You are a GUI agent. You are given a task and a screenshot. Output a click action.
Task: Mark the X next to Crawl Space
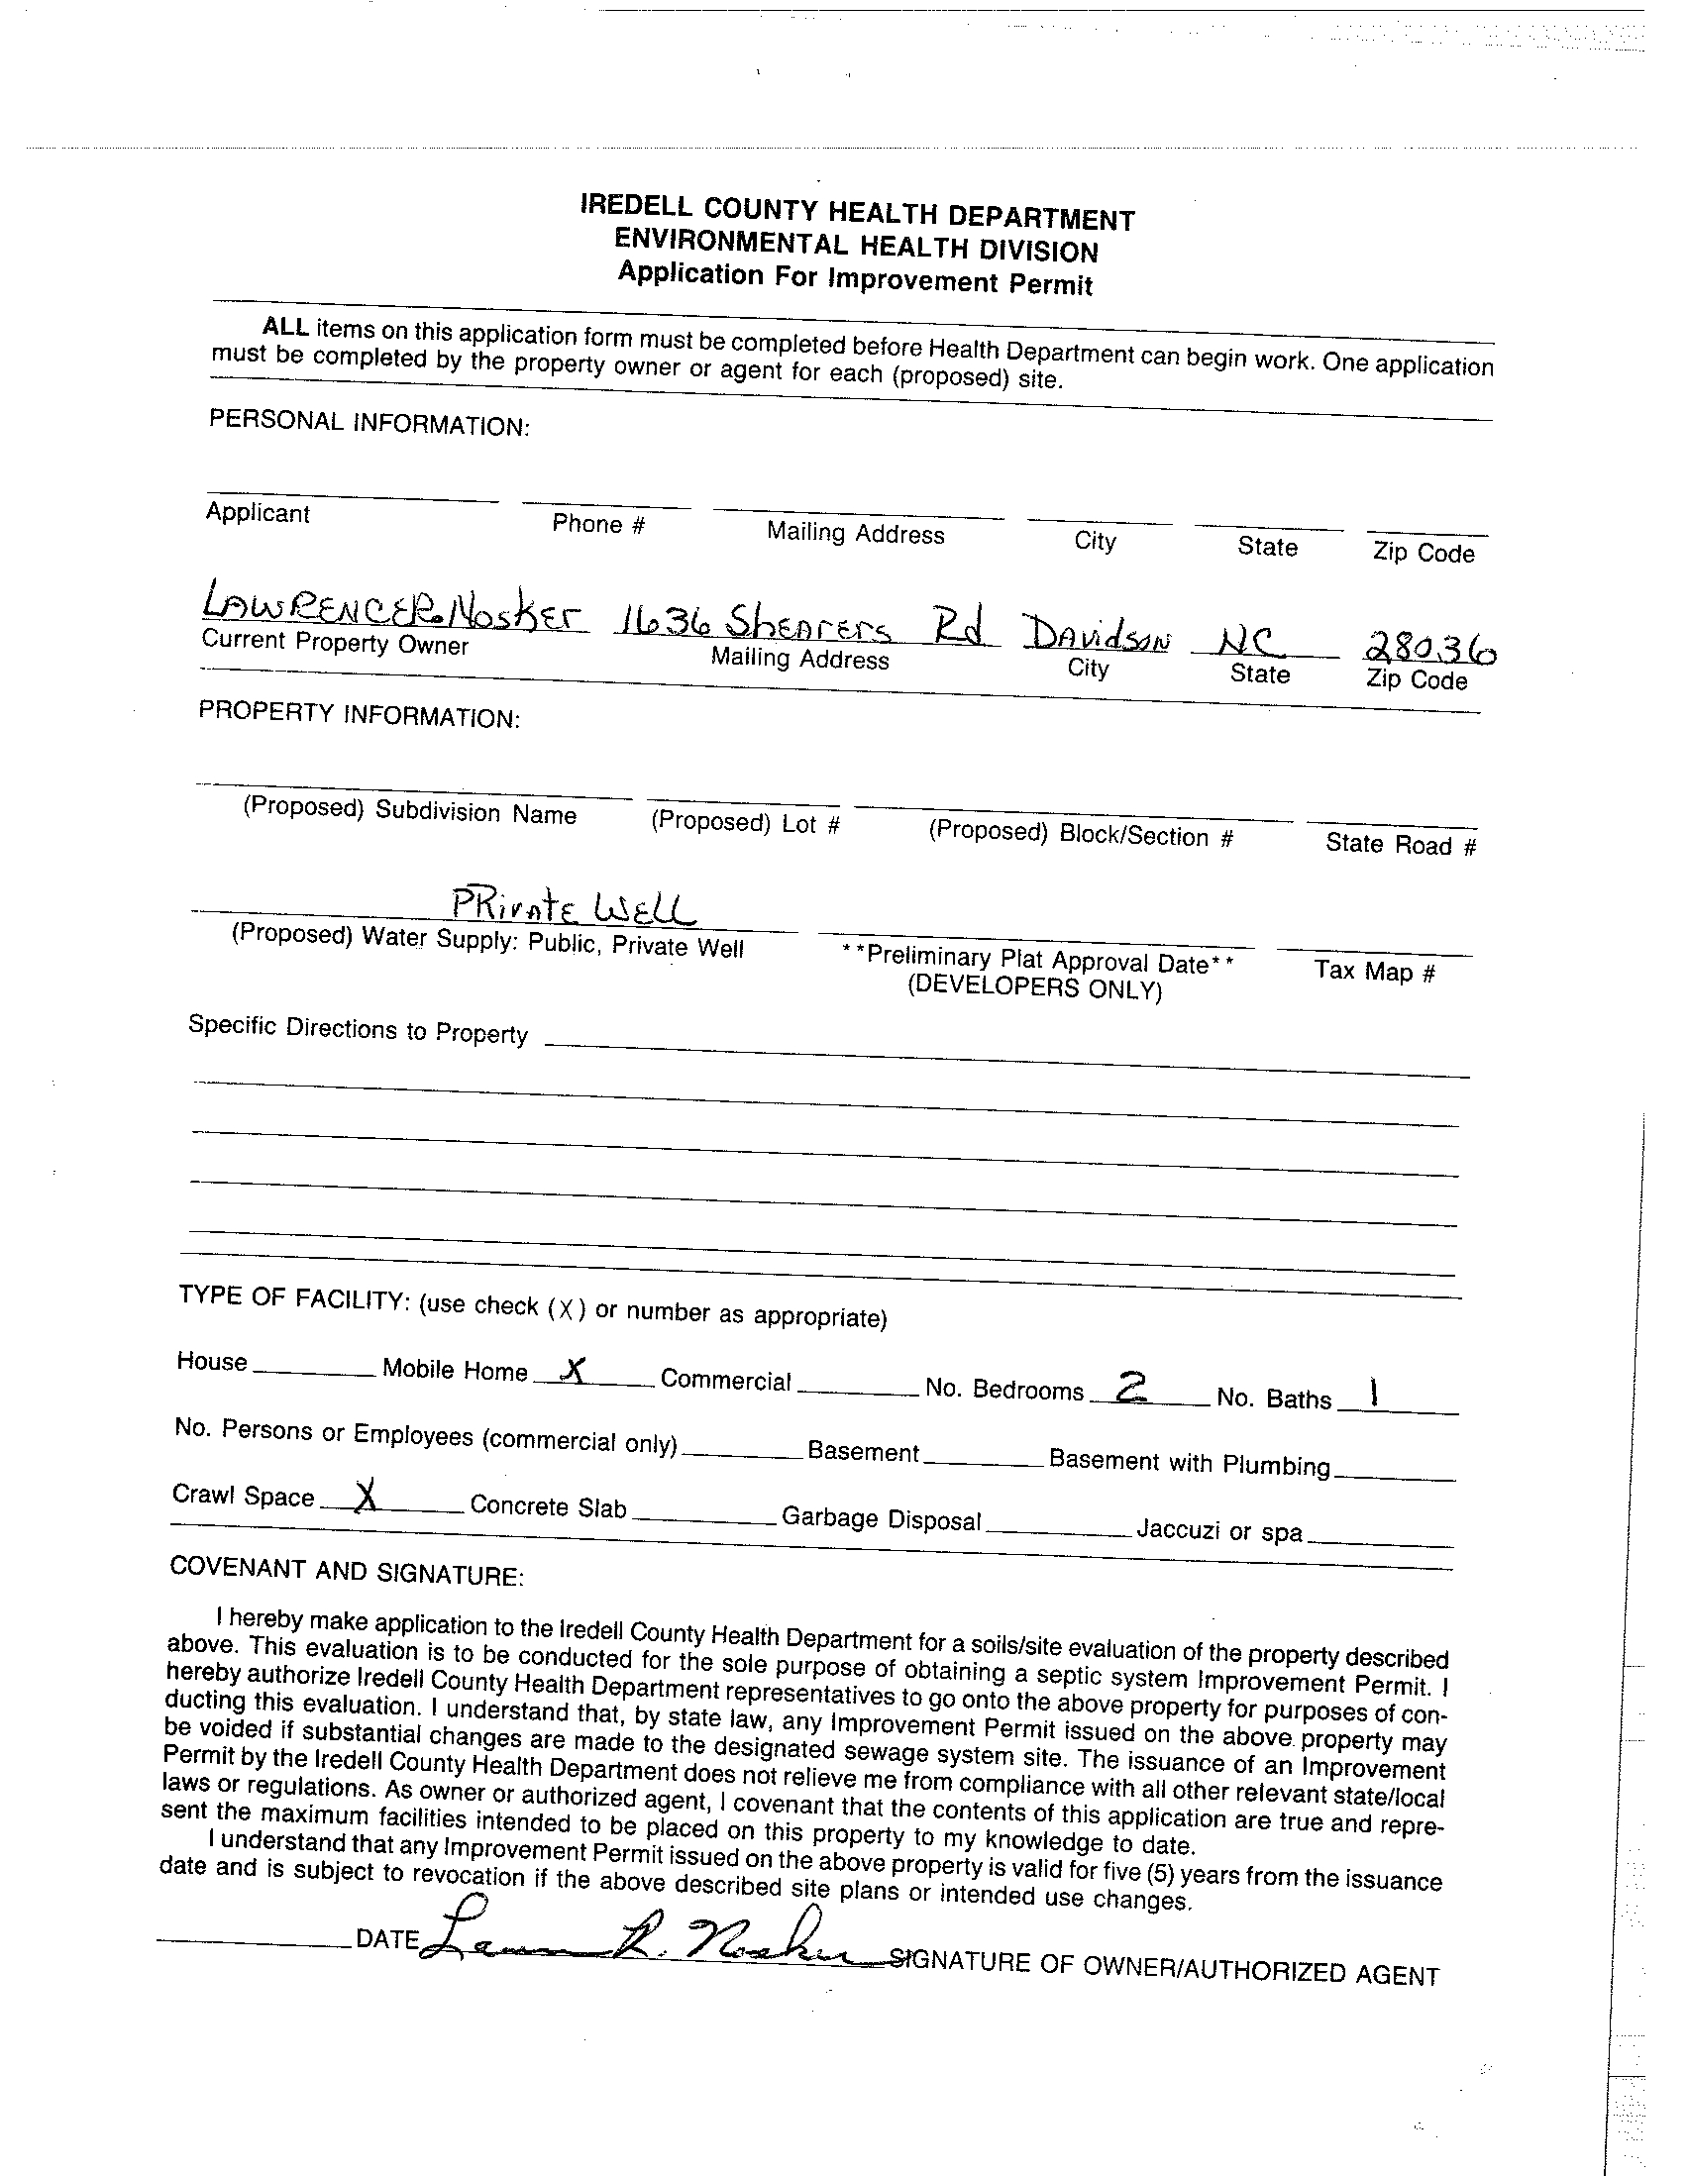[368, 1497]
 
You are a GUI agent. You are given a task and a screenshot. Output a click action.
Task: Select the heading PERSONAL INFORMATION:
[369, 424]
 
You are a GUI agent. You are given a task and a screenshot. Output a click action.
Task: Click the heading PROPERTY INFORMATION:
[360, 714]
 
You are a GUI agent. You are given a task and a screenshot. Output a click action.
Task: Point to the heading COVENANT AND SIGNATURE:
[347, 1571]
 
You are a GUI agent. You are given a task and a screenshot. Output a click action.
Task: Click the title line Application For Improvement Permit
[855, 278]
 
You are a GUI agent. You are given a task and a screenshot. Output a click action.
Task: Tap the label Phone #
[598, 524]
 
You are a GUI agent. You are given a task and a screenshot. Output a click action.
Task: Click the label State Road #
[1400, 845]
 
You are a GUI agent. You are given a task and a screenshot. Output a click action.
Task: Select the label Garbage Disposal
[881, 1518]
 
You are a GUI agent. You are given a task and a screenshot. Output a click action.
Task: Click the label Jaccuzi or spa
[1218, 1529]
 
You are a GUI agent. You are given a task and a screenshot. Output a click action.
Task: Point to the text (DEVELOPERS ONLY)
[1034, 987]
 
